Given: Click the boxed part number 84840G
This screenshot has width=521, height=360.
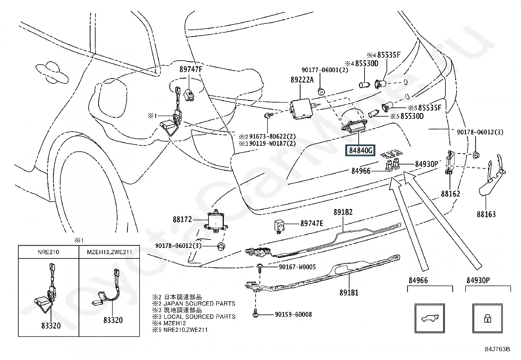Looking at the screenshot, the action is [360, 150].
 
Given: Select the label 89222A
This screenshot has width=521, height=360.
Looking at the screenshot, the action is [302, 80].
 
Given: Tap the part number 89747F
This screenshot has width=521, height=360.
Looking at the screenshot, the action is [191, 69].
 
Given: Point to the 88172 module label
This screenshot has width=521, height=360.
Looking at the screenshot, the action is [182, 219].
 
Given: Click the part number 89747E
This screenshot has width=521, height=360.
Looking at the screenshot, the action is [312, 223].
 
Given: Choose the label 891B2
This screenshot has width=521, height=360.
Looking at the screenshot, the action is [343, 212].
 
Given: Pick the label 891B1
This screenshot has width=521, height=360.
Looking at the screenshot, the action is [349, 293].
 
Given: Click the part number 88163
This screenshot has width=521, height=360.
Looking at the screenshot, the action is [486, 214].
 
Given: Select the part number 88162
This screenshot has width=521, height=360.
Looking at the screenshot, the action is [451, 194].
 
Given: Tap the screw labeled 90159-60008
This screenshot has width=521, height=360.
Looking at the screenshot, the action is [255, 313].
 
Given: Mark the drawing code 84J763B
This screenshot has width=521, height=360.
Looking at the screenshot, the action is [497, 349].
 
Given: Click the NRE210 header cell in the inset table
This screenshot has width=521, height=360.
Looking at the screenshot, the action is [48, 252].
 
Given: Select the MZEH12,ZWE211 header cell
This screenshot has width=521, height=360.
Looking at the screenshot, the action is [109, 252].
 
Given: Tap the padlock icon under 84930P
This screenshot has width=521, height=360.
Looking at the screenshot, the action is [488, 318].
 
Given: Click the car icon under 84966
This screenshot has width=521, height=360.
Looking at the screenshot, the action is [430, 318].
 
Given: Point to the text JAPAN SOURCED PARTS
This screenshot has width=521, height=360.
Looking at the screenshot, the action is [199, 304].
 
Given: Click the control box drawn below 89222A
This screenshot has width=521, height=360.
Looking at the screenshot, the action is [301, 109].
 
